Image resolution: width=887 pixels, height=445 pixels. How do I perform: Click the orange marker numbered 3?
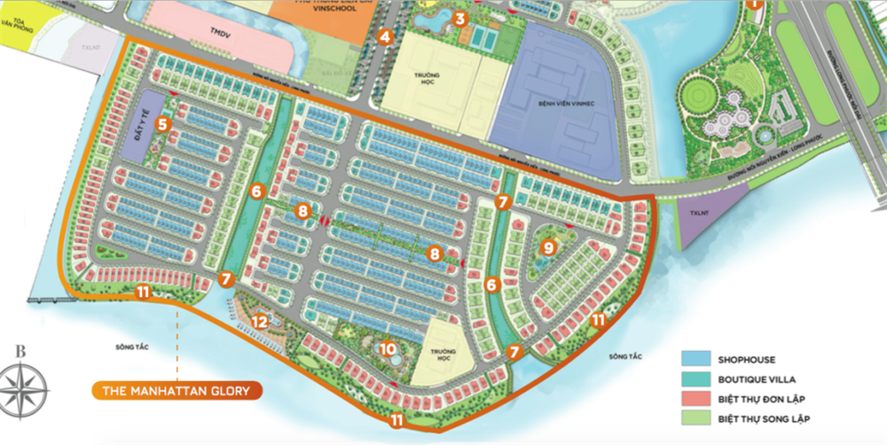(459, 19)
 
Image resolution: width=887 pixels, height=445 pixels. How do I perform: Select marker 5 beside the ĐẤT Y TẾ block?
(162, 124)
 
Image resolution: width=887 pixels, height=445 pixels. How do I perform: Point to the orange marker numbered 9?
(548, 247)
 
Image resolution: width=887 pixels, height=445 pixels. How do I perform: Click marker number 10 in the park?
(388, 348)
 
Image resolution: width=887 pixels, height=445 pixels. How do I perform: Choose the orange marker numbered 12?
(259, 321)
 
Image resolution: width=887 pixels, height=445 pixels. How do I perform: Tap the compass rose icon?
(24, 386)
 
